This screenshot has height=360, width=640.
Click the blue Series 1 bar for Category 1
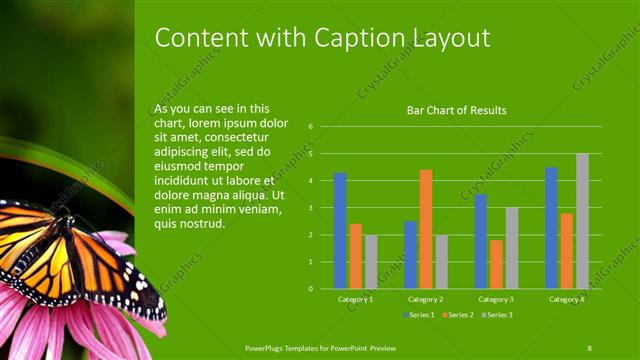tap(340, 231)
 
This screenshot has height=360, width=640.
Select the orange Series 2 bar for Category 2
tap(426, 229)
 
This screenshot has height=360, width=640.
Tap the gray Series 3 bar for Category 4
tap(582, 221)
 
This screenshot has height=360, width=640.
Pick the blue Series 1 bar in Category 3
tap(481, 241)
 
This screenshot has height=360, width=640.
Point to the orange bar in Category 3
tap(497, 264)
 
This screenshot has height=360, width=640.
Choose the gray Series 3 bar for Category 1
tap(371, 262)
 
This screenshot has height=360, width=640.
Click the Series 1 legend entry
tap(419, 315)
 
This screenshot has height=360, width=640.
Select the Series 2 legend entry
tap(455, 315)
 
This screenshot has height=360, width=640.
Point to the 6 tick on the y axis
tap(312, 127)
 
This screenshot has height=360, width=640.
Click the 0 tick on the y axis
tap(312, 289)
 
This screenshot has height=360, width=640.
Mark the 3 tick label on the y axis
tap(312, 208)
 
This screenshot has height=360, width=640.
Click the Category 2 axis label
tap(426, 299)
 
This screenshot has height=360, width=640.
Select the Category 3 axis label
tap(497, 299)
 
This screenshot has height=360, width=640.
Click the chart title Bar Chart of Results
tap(456, 110)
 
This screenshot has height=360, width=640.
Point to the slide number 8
tap(590, 347)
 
